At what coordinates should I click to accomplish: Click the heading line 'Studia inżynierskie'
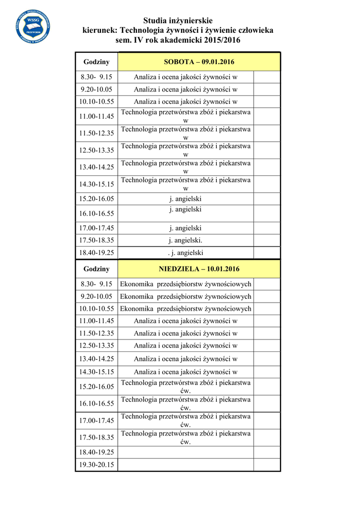pos(178,20)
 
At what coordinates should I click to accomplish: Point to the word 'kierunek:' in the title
pos(100,30)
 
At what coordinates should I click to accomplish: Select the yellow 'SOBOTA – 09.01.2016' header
pos(199,62)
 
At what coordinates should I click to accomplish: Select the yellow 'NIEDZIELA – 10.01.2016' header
pos(199,269)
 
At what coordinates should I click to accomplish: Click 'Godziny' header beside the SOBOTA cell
pos(96,62)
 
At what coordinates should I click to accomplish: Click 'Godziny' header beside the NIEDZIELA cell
pos(96,269)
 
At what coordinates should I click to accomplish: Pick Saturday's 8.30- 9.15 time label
pos(96,77)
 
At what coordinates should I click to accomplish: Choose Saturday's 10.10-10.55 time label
pos(96,101)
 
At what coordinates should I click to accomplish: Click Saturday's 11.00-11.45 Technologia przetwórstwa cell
pos(185,116)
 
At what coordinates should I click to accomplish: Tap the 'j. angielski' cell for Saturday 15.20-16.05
pos(185,199)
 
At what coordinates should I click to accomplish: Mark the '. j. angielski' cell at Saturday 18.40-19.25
pos(185,253)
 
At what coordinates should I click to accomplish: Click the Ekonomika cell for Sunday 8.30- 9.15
pos(185,284)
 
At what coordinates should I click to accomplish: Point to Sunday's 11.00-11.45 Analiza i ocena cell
pos(185,321)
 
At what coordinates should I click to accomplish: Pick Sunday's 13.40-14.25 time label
pos(96,358)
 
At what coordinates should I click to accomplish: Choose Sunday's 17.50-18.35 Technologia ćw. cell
pos(185,437)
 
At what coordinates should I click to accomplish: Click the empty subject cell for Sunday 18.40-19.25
pos(185,452)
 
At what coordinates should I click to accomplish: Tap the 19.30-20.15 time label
pos(96,465)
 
